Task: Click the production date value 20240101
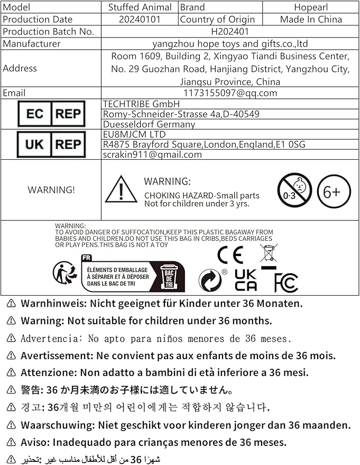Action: pos(140,20)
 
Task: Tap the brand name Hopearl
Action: pos(311,7)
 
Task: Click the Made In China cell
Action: pos(311,20)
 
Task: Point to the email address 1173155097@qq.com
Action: pos(229,93)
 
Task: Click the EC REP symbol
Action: pos(51,114)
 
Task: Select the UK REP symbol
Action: pos(51,144)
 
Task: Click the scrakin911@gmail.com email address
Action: pos(152,154)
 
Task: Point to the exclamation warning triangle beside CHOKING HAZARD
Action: pos(121,190)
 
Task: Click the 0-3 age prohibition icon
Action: pos(294,190)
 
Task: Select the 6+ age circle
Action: pos(334,191)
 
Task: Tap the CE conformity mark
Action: pos(230,256)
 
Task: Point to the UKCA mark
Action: pos(246,280)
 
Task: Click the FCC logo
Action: pos(286,282)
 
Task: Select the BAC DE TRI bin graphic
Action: pos(169,276)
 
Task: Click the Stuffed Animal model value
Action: pos(140,7)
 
